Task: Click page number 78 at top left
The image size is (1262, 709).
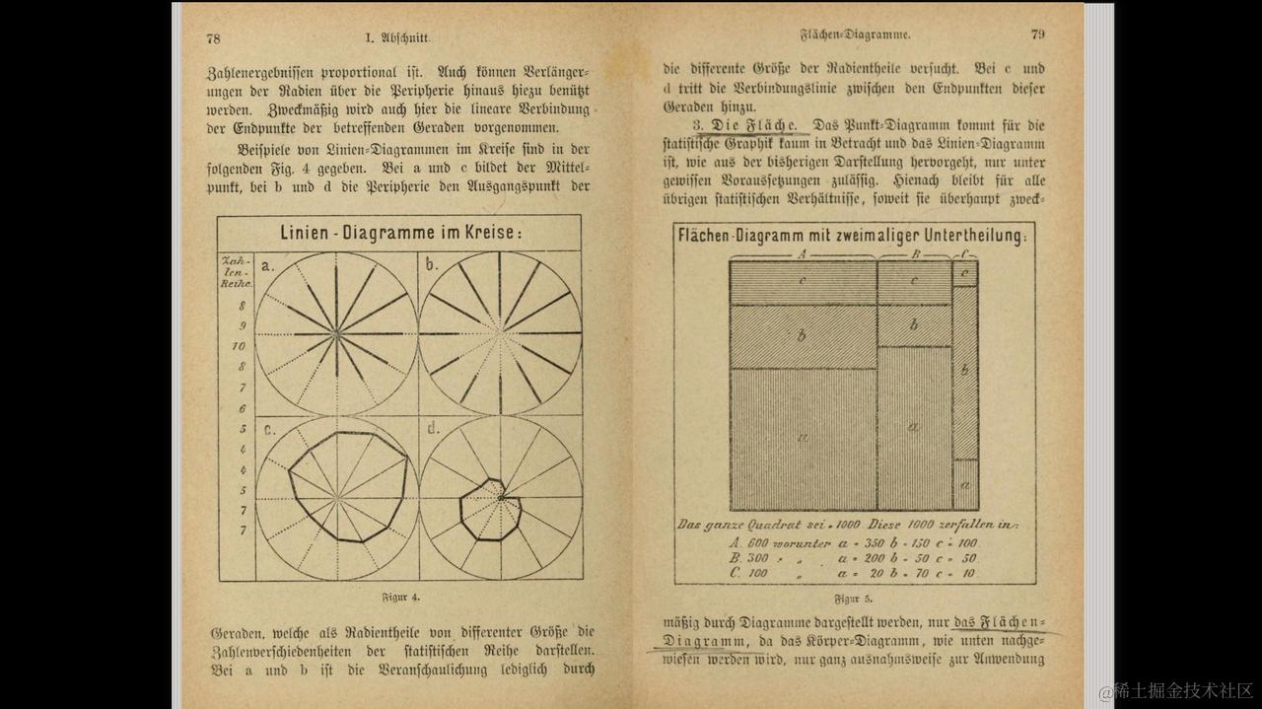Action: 213,37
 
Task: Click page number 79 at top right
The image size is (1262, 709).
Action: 1037,34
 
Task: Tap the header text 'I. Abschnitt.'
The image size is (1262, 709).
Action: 397,37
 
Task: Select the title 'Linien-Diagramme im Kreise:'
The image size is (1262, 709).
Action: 400,234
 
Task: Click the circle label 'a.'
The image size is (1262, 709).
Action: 267,264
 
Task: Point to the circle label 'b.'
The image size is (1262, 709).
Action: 432,264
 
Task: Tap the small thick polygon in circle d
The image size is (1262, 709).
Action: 463,513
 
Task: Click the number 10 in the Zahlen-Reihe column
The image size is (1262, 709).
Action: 239,346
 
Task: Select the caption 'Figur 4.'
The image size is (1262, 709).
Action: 400,598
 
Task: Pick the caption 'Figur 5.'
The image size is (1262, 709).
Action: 853,599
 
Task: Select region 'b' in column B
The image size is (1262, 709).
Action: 914,325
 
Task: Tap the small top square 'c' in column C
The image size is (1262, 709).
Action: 965,272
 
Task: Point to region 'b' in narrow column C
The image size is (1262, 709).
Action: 965,371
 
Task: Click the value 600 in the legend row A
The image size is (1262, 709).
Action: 757,542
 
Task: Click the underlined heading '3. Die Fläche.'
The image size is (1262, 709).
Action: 749,126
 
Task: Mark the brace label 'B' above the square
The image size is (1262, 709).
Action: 915,252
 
